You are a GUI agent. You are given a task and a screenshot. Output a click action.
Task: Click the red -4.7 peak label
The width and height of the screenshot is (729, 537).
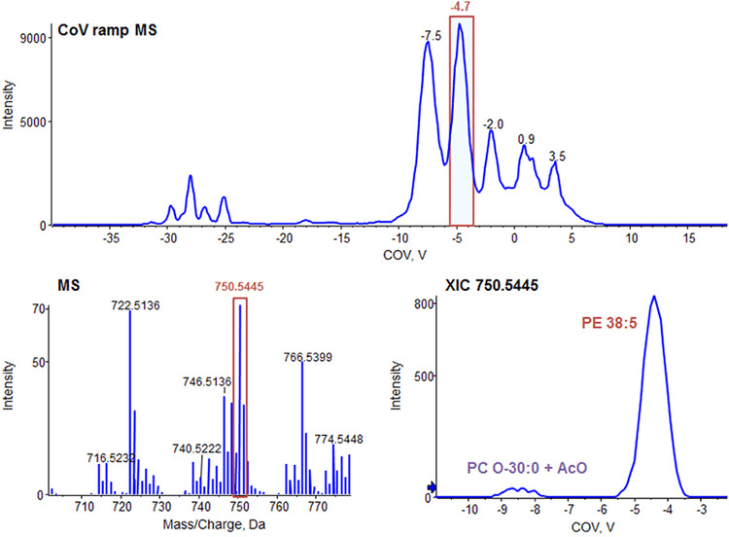pyautogui.click(x=462, y=7)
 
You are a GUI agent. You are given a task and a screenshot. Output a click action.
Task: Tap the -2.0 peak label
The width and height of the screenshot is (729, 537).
pyautogui.click(x=494, y=125)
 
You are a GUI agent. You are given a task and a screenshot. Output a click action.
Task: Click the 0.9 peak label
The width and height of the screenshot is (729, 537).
pyautogui.click(x=526, y=139)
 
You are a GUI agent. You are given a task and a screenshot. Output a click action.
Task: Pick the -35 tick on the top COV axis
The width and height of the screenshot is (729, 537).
pyautogui.click(x=111, y=236)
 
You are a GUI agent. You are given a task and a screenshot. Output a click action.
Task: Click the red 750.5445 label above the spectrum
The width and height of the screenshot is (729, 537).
pyautogui.click(x=240, y=287)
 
